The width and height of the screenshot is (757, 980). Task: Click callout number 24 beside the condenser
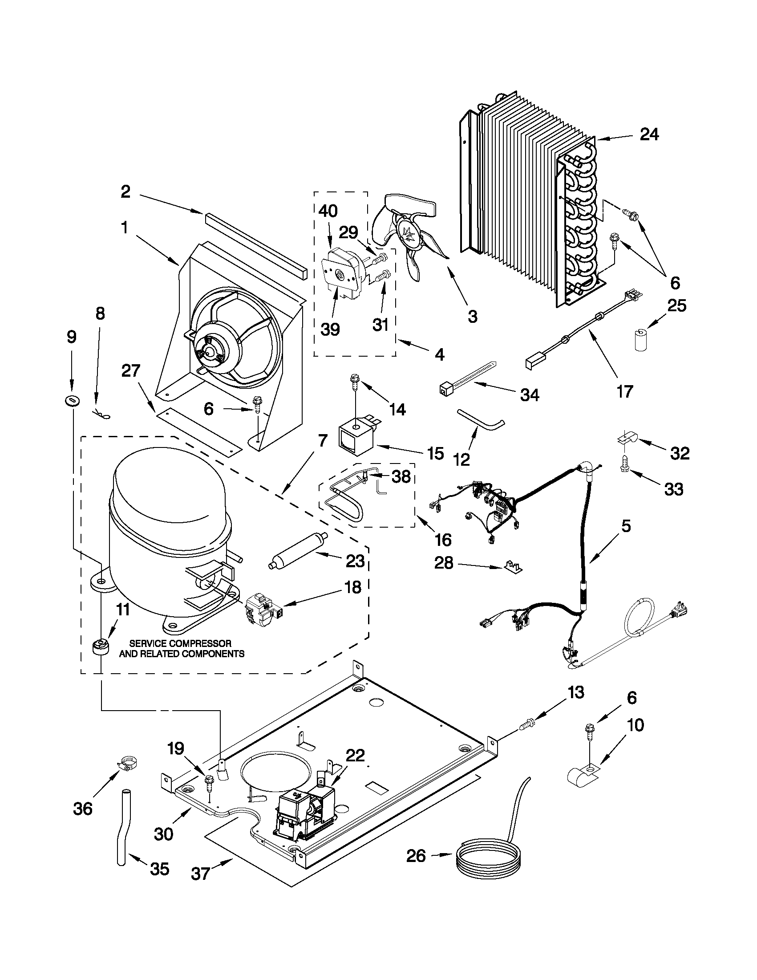pos(649,134)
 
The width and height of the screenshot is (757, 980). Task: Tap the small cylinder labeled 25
pos(641,340)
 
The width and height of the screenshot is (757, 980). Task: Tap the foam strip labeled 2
pos(255,245)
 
